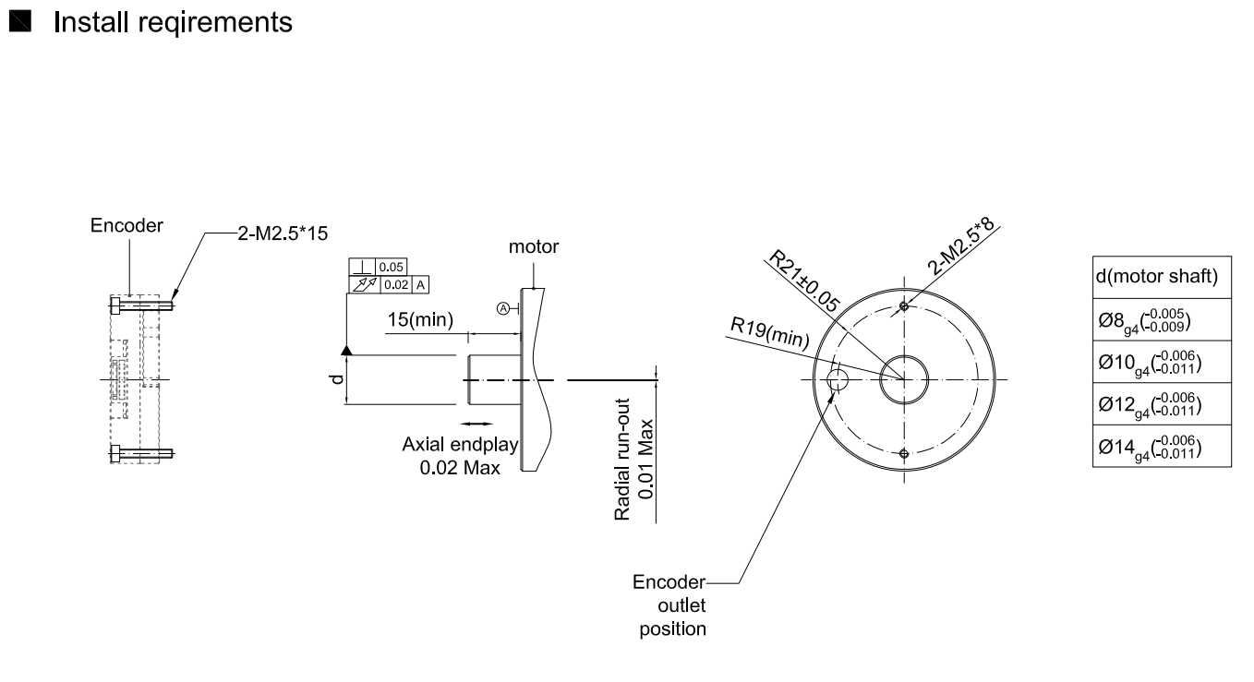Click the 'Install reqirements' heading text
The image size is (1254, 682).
pyautogui.click(x=173, y=23)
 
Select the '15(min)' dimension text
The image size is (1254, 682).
pyautogui.click(x=419, y=319)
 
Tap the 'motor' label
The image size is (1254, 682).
pyautogui.click(x=534, y=247)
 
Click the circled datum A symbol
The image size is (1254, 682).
pyautogui.click(x=503, y=308)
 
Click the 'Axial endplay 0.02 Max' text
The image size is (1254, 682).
pyautogui.click(x=460, y=456)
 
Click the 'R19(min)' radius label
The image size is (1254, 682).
pyautogui.click(x=769, y=332)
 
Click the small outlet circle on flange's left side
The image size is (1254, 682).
pyautogui.click(x=838, y=379)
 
